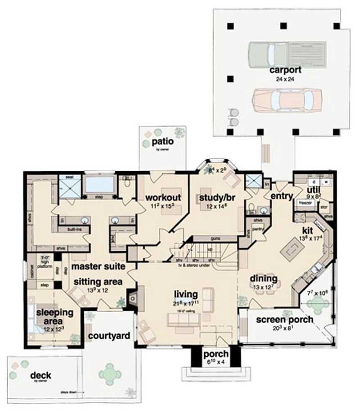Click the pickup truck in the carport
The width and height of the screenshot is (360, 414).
tap(287, 53)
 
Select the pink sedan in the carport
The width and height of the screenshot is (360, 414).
tap(287, 99)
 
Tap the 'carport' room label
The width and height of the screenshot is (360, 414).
tap(285, 71)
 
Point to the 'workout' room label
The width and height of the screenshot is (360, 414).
tap(163, 197)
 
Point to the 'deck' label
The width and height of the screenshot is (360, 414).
tap(41, 375)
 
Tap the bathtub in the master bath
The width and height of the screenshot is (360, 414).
tap(99, 185)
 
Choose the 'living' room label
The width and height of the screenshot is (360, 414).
tap(186, 295)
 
